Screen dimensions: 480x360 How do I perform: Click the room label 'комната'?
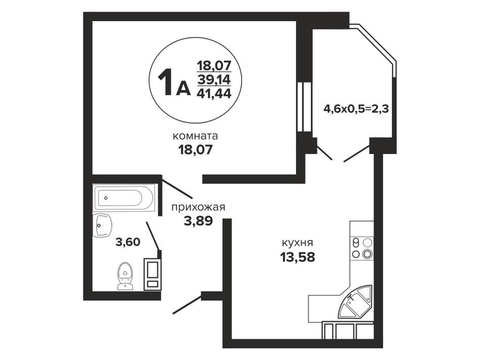(x=196, y=136)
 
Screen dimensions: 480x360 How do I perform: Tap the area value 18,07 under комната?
(x=196, y=150)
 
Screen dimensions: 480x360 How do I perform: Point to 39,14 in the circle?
(x=214, y=80)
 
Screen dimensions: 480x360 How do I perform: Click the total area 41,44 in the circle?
(x=214, y=93)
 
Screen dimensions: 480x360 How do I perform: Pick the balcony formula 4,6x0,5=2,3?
(x=356, y=109)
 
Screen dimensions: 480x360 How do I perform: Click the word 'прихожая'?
(x=199, y=208)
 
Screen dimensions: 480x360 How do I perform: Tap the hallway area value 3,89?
(x=199, y=221)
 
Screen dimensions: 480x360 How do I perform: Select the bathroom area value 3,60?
(x=128, y=242)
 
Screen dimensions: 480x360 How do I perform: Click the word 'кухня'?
(x=298, y=243)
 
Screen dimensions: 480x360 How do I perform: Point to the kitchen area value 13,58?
(x=298, y=257)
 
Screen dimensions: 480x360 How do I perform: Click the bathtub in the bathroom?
(x=124, y=198)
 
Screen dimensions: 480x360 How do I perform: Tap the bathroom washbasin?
(x=102, y=226)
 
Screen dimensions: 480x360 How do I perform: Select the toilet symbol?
(x=125, y=276)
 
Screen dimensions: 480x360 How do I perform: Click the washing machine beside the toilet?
(x=153, y=274)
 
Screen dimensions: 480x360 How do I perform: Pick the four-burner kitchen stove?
(x=362, y=248)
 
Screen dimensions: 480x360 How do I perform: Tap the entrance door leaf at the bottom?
(x=187, y=304)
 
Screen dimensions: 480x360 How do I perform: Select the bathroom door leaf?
(x=153, y=236)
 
